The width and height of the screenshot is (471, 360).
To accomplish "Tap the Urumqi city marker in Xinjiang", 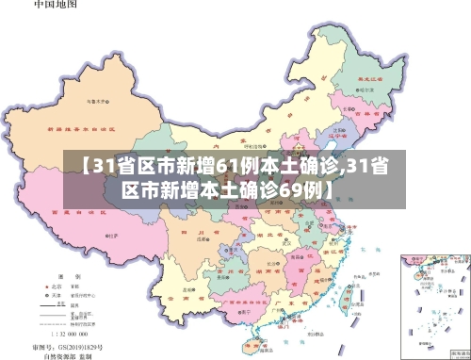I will (x=91, y=100).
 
